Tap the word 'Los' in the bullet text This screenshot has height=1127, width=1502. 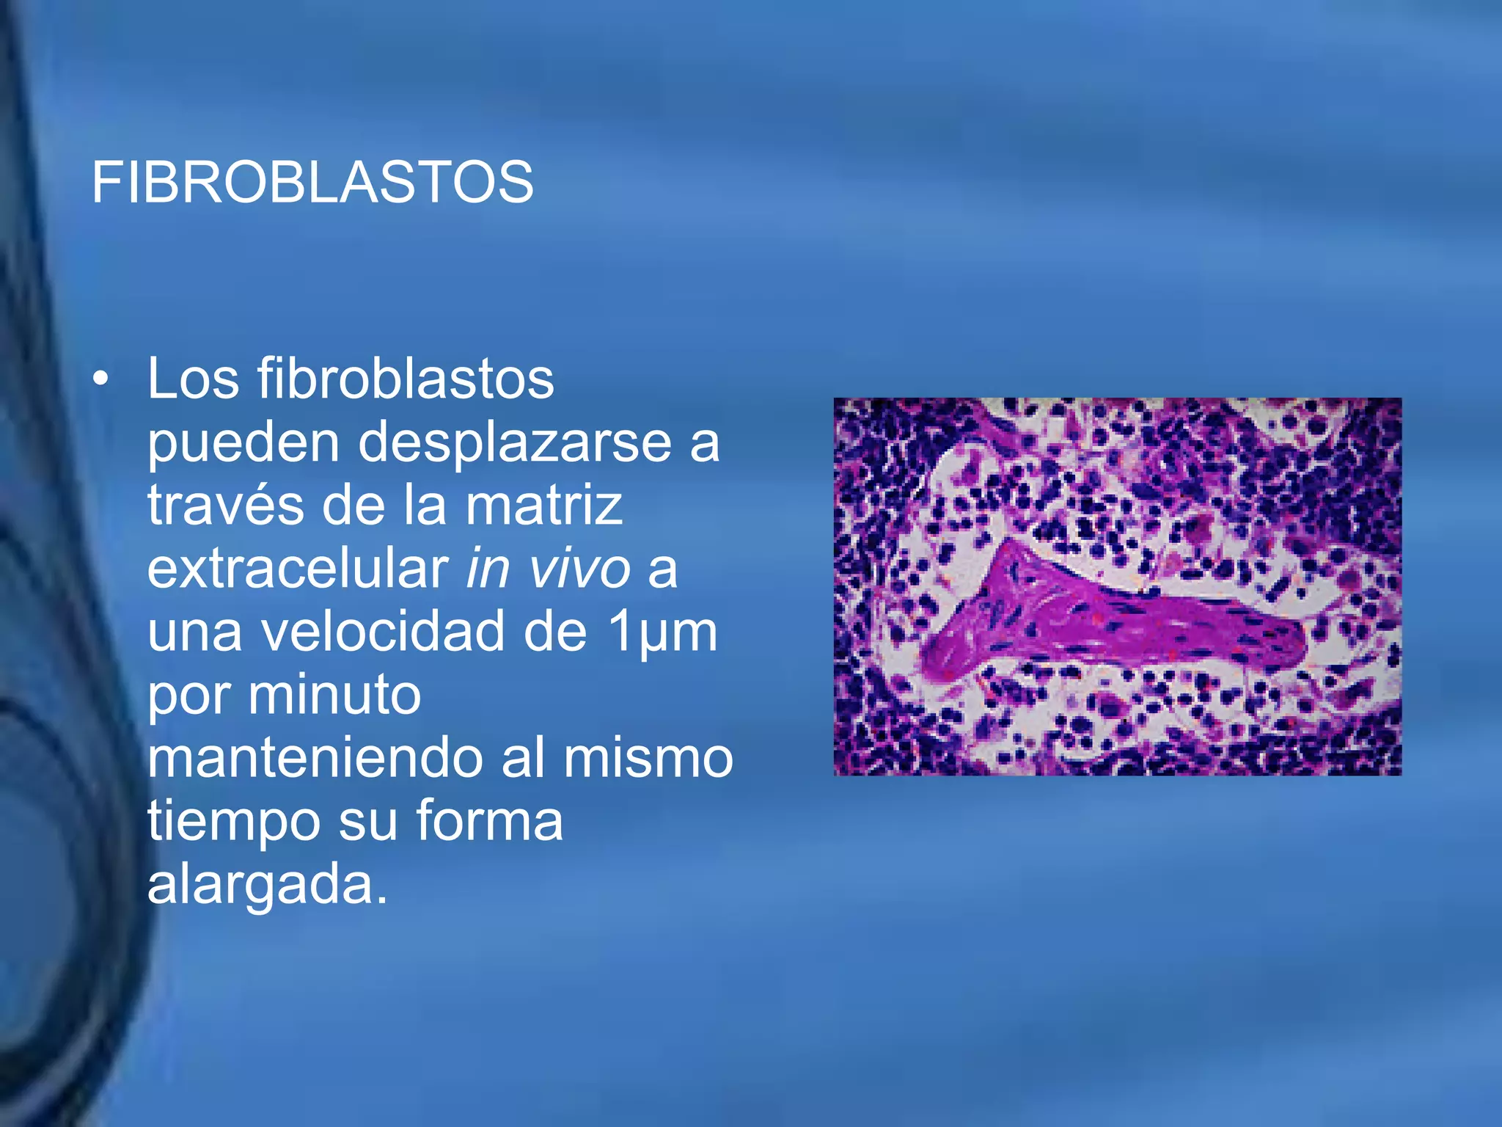(x=193, y=379)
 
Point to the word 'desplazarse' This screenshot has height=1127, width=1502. (x=515, y=443)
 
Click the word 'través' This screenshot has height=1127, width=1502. (x=226, y=506)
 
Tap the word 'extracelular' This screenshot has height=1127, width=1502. (x=298, y=569)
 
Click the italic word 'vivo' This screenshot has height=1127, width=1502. (x=579, y=569)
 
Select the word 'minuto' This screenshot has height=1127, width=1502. (x=334, y=695)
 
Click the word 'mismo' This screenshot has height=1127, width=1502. (x=648, y=758)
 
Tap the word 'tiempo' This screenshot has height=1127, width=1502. (x=233, y=822)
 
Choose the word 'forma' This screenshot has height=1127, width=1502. (x=489, y=820)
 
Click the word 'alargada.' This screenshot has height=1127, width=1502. (x=267, y=885)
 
